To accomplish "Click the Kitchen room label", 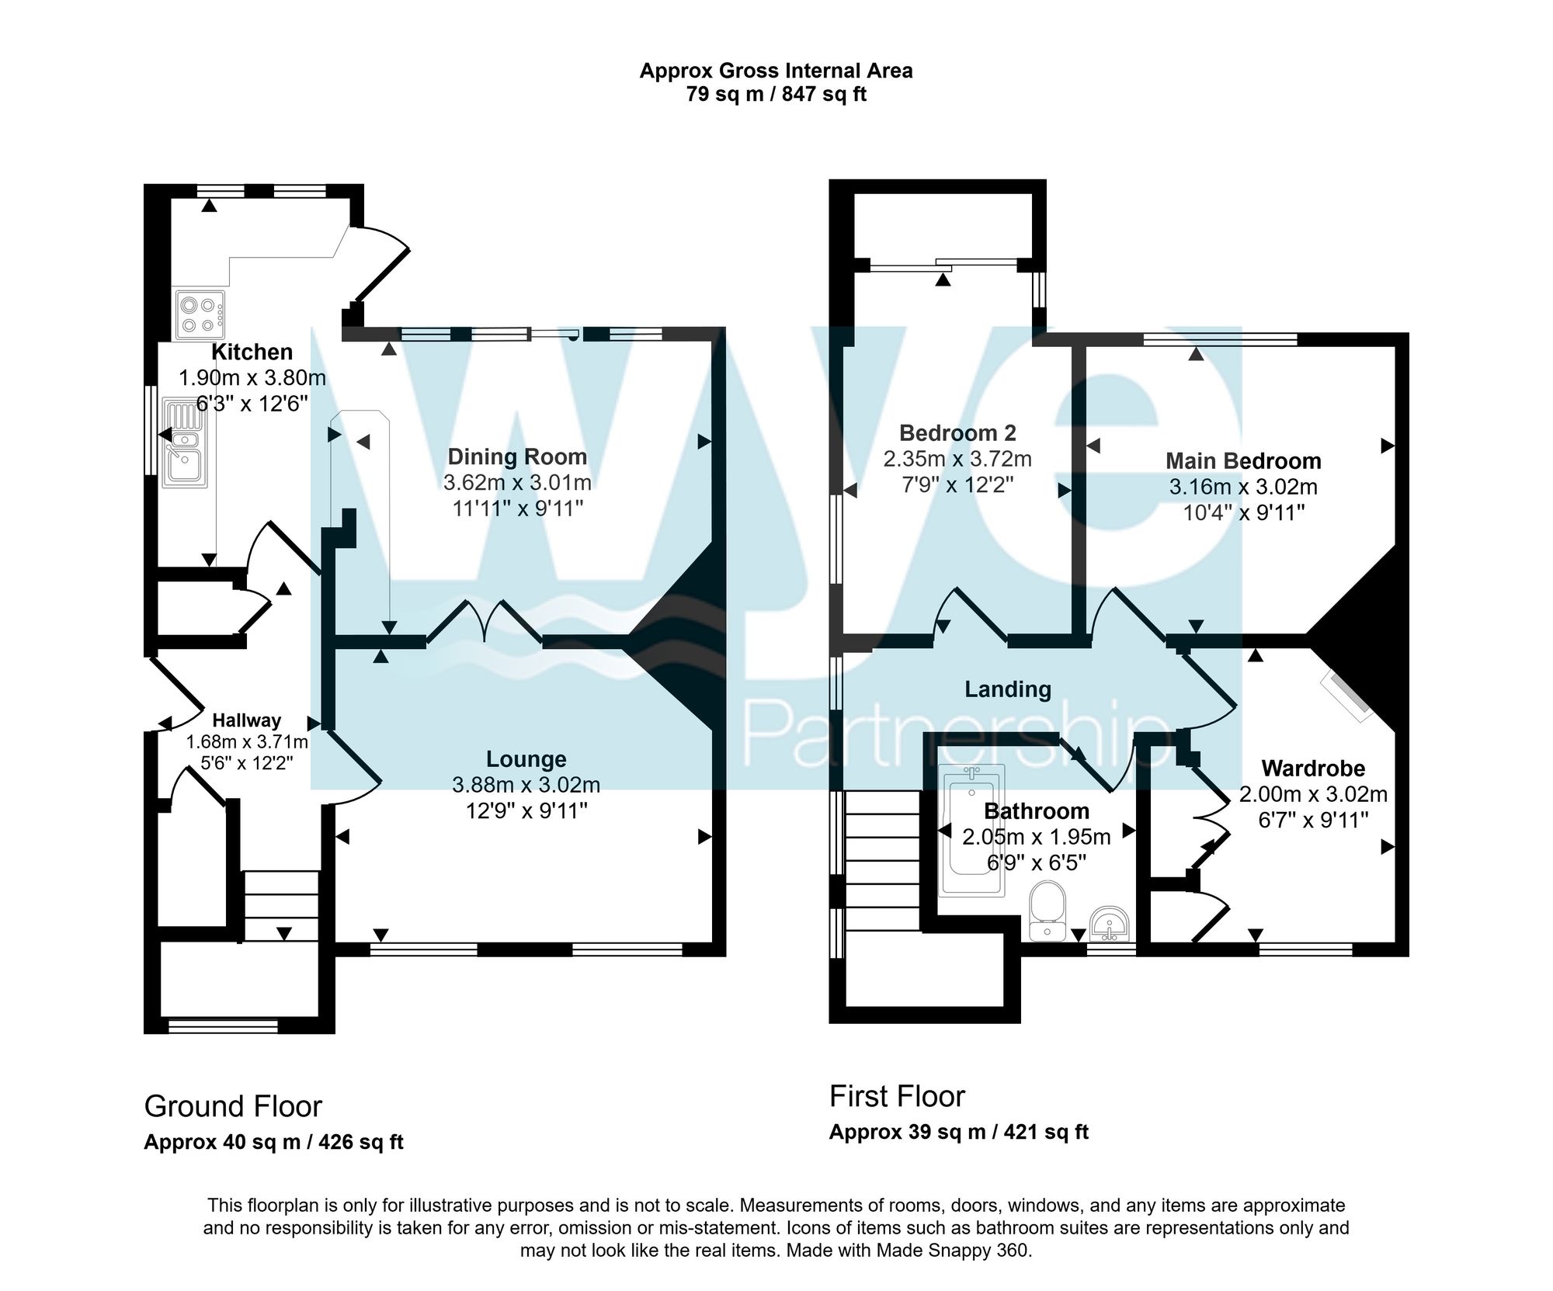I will pos(252,352).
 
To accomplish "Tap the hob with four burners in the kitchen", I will pos(200,314).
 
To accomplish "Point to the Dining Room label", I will pos(517,456).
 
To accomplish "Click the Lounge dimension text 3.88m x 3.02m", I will pos(526,785).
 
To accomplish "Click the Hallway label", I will pos(247,720).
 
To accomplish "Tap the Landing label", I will pos(1007,689).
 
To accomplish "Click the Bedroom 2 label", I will pos(957,432).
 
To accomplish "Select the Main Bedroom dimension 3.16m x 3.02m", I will pos(1243,487).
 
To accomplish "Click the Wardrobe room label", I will pos(1313,769).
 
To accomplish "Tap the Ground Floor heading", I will pos(233,1106).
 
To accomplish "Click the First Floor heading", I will pos(897,1096).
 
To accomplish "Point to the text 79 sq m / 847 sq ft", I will pos(776,95).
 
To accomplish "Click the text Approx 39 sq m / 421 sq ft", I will pos(958,1132).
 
